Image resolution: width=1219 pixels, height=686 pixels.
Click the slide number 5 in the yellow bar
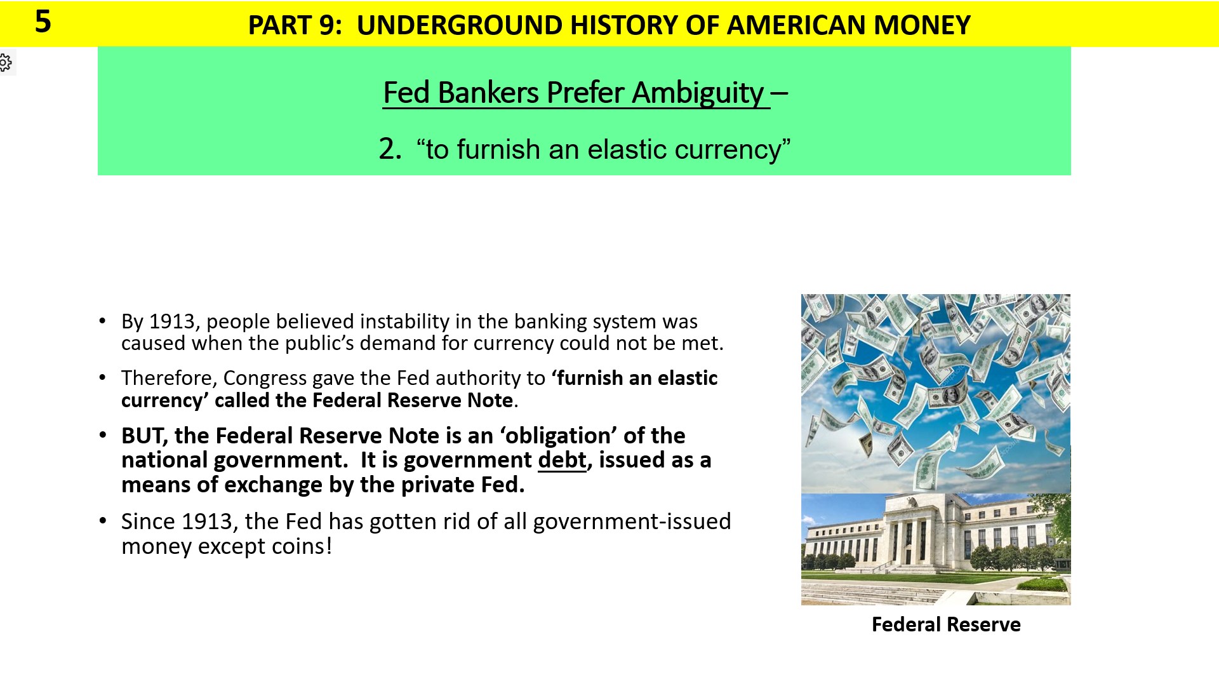pos(43,22)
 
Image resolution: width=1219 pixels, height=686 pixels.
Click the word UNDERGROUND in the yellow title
pos(459,25)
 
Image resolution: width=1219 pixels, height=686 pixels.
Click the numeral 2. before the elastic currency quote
pos(390,149)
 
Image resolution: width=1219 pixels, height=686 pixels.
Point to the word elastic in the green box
pos(626,150)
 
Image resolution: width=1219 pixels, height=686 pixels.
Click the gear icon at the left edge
pos(6,62)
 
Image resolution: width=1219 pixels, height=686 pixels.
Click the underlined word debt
pos(561,460)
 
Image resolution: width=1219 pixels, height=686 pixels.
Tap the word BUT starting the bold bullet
pos(144,436)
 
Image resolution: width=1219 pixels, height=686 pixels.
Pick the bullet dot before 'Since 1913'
pos(103,521)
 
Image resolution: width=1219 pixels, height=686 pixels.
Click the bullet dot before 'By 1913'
pos(103,321)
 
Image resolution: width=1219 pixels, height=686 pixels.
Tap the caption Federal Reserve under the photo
pos(945,624)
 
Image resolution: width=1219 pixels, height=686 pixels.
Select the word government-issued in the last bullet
pos(632,521)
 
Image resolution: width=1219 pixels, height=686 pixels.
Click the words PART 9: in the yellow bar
pos(295,25)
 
